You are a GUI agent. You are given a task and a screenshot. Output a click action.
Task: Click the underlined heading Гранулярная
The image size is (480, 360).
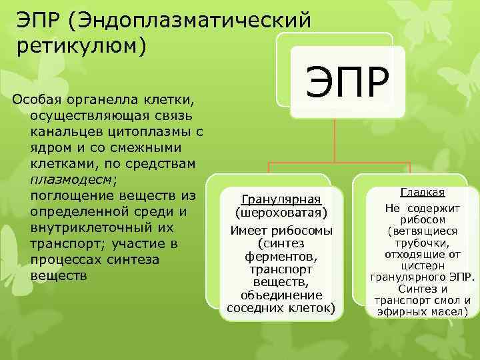[x=281, y=199]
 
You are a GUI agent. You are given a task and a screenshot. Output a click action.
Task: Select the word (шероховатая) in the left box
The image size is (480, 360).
[x=281, y=213]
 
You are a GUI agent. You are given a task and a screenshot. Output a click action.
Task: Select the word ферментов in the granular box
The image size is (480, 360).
[x=281, y=257]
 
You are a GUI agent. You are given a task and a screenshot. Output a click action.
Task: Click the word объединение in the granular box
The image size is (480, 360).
[x=281, y=295]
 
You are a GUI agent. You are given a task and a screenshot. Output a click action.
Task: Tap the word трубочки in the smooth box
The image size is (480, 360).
[x=422, y=243]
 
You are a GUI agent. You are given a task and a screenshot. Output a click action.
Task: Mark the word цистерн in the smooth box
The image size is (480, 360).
[x=422, y=265]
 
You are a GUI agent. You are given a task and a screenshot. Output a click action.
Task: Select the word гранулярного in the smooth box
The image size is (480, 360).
[x=409, y=277]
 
